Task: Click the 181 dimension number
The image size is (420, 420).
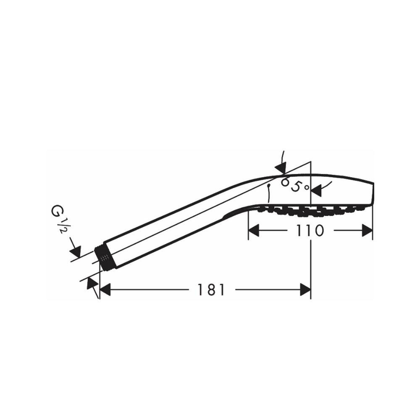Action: click(x=211, y=290)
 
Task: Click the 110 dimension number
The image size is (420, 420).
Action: click(x=310, y=230)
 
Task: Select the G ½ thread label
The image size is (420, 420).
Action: click(x=58, y=218)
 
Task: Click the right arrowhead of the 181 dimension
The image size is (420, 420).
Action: click(x=305, y=290)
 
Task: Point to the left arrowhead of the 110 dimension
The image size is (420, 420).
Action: click(x=254, y=230)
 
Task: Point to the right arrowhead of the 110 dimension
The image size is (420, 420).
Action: click(x=367, y=230)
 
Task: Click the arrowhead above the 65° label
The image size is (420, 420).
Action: click(x=281, y=168)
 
